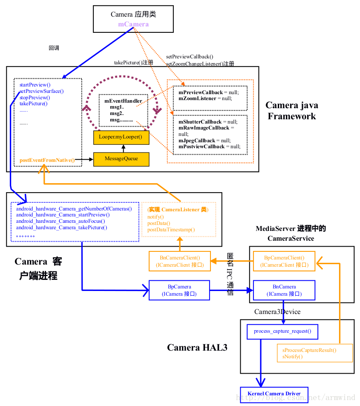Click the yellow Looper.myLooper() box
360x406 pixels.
pos(121,137)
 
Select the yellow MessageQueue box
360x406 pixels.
pos(121,159)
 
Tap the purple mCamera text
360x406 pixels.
pos(133,24)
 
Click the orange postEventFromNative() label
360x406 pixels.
pos(47,160)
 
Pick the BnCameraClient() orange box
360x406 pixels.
pos(180,261)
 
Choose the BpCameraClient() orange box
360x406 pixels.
pos(284,261)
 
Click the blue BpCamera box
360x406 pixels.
pos(179,290)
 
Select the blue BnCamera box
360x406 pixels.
pos(284,290)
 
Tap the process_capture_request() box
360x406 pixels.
pos(282,331)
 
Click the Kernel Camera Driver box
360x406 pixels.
pos(274,394)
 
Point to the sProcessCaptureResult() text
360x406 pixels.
pos(309,350)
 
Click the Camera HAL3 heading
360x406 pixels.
pos(197,347)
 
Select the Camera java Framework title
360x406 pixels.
pos(292,111)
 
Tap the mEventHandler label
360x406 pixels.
pos(123,101)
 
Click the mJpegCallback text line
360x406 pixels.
pos(204,140)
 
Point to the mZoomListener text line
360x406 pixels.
pos(205,98)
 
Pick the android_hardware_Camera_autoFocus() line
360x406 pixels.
pos(60,221)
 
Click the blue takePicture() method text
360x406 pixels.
pos(33,104)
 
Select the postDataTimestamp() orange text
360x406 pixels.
pos(171,230)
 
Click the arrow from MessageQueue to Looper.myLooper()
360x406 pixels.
pos(123,149)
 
